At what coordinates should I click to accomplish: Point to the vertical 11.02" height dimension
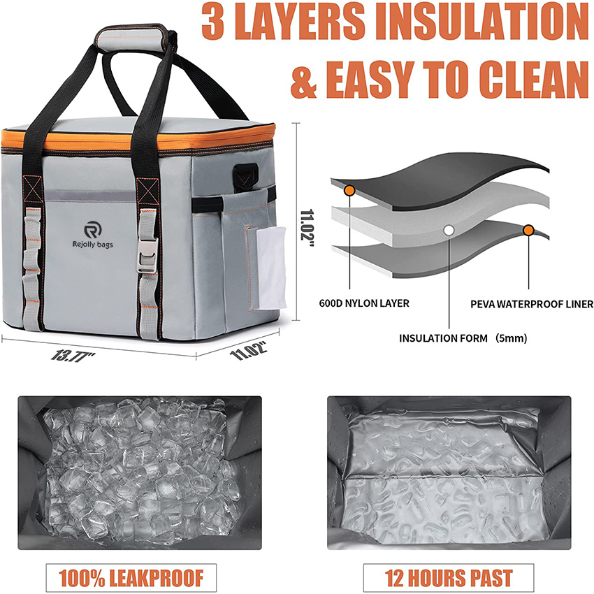305,222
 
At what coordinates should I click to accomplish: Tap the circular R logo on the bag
92,229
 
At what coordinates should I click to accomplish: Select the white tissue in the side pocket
270,268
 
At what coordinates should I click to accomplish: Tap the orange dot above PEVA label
528,230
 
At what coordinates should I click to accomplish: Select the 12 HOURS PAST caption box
449,577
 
